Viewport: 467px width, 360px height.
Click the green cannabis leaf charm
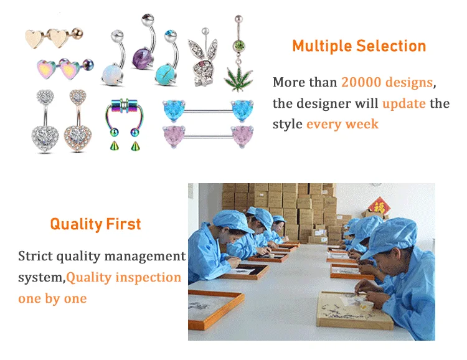coord(238,78)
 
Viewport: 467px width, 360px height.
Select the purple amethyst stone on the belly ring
coord(142,58)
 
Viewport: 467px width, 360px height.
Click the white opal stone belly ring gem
coord(112,75)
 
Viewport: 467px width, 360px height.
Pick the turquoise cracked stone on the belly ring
coord(165,75)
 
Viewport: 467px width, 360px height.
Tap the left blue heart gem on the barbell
coord(174,110)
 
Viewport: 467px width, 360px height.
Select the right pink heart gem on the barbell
coord(242,136)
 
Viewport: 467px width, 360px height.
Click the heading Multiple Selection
coord(359,46)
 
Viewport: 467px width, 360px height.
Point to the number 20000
coord(361,82)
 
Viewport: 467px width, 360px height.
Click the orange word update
coord(404,103)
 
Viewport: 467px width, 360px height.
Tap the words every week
coord(342,124)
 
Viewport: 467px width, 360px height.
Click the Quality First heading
coord(95,224)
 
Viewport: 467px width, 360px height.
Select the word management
coord(144,257)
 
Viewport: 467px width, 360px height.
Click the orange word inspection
coord(148,277)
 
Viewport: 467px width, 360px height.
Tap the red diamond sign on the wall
coord(379,206)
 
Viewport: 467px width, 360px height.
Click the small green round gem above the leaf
coord(238,45)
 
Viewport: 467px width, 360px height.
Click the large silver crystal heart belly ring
coord(45,139)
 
